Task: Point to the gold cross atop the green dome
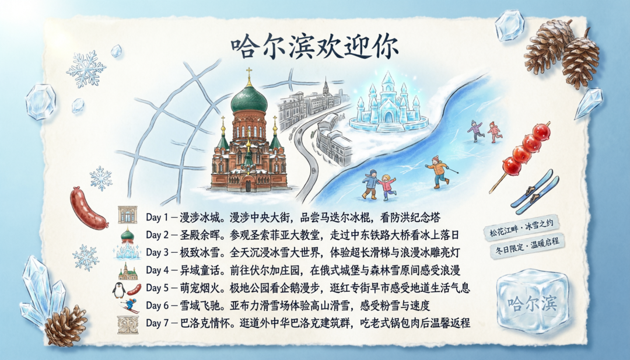[249, 74]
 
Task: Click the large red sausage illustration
[87, 208]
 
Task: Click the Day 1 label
[157, 217]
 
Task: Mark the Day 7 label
[157, 323]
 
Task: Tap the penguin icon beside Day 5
[118, 290]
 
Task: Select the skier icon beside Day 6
[129, 305]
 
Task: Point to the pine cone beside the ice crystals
[65, 326]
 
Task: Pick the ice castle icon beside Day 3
[127, 252]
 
